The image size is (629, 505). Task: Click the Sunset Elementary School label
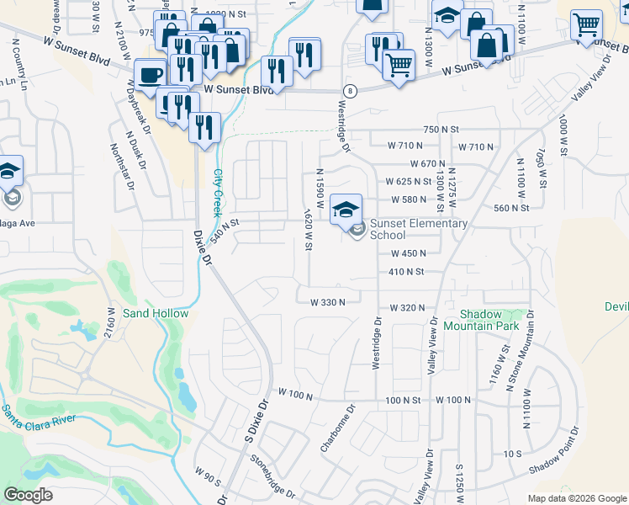pyautogui.click(x=418, y=229)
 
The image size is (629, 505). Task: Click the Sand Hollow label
pyautogui.click(x=156, y=313)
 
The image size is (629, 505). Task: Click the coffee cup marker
pyautogui.click(x=151, y=74)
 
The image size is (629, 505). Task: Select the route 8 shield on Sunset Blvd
pyautogui.click(x=347, y=90)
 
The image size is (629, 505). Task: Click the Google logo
pyautogui.click(x=28, y=495)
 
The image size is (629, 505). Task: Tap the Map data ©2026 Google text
pyautogui.click(x=577, y=498)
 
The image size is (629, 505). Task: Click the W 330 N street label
pyautogui.click(x=328, y=302)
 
